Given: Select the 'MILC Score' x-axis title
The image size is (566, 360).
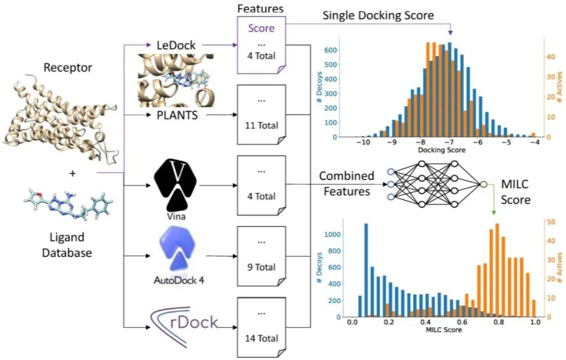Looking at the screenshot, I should [x=444, y=332].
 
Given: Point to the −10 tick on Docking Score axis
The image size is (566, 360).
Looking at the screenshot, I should [x=364, y=142].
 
